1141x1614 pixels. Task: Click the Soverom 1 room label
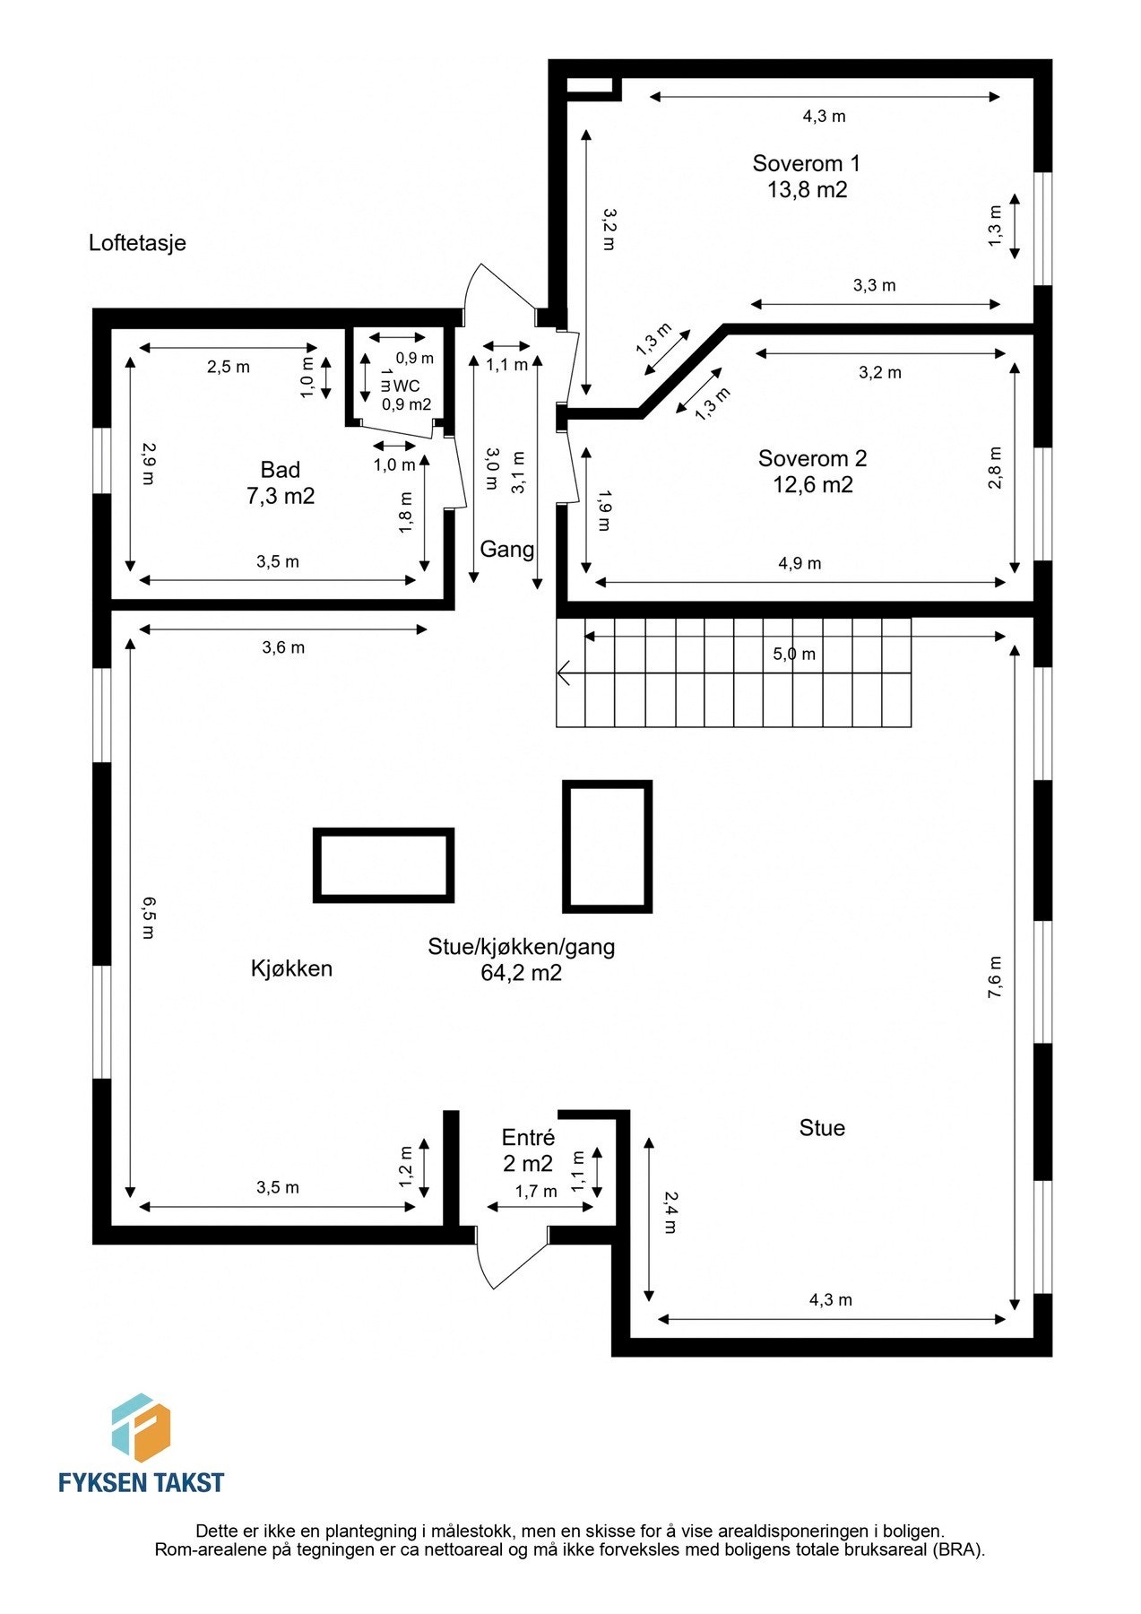click(806, 163)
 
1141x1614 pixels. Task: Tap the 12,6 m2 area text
click(812, 485)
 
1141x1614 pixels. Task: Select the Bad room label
click(280, 470)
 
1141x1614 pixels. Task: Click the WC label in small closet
click(406, 386)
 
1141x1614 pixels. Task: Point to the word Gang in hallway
click(506, 549)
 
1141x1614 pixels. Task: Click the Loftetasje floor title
click(137, 243)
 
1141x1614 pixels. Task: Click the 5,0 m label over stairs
click(794, 655)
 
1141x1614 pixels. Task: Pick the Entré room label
click(528, 1137)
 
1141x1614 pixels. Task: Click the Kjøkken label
click(291, 968)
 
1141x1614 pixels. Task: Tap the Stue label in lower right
click(822, 1128)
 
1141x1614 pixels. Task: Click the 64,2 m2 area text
click(521, 973)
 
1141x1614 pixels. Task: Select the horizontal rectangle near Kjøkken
click(383, 864)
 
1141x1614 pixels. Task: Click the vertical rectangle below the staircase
click(607, 846)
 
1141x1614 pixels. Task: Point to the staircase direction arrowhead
click(564, 672)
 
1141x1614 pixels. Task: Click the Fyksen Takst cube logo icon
click(141, 1427)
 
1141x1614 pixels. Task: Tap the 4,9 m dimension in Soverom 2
click(800, 563)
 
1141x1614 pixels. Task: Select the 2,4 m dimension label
click(670, 1212)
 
